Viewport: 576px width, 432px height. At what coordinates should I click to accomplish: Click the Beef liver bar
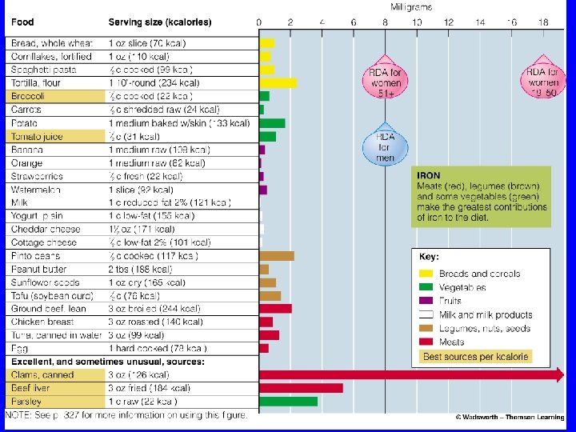301,388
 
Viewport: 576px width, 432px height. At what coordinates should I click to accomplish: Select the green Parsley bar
288,401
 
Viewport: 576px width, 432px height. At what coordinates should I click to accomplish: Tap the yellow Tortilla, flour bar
278,82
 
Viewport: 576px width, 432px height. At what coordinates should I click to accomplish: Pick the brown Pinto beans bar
277,256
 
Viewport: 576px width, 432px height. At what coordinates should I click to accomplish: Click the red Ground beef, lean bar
275,308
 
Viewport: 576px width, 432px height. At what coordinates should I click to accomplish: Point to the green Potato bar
272,123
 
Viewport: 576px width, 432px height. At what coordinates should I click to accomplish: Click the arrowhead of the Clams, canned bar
558,374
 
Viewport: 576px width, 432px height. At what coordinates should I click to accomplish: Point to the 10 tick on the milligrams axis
417,22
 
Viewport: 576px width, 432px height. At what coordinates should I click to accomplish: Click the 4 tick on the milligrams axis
322,22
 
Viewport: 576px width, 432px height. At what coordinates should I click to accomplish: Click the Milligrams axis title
411,7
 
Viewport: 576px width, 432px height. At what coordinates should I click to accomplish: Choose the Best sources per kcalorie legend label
476,356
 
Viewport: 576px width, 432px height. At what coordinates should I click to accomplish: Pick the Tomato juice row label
37,137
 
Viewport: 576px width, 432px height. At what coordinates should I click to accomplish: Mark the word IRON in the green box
428,175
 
